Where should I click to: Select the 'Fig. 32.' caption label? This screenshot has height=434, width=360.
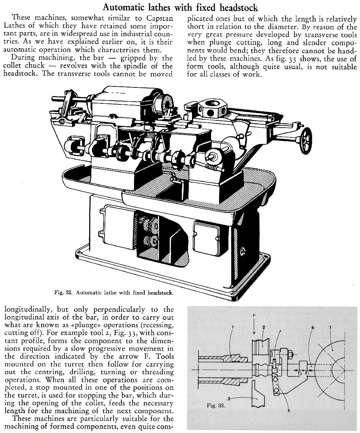(x=63, y=292)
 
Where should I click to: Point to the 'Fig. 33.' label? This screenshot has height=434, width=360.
(x=216, y=405)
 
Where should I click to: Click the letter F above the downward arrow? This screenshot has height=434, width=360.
(x=254, y=315)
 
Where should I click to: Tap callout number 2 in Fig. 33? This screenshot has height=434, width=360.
(x=264, y=327)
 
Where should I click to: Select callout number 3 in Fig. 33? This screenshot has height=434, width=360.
(x=228, y=398)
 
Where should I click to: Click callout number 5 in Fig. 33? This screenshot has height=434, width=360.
(x=289, y=411)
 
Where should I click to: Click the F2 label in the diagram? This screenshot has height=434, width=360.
(x=300, y=373)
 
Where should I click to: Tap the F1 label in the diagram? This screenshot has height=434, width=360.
(x=307, y=373)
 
